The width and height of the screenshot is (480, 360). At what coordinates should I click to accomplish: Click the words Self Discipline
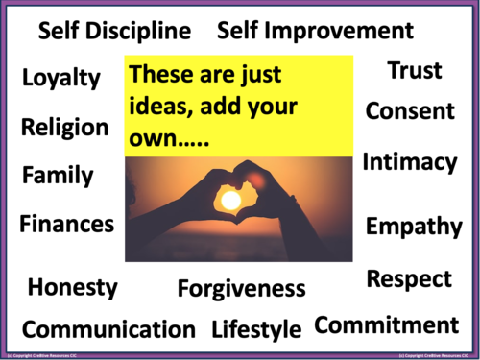114,32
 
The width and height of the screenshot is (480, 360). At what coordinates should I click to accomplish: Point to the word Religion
65,128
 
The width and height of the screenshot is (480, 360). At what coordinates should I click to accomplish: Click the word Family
59,176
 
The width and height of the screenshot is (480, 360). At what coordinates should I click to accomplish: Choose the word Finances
67,225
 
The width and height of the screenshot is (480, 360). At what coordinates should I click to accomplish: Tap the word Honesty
73,287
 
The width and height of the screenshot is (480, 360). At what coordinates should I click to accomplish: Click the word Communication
108,329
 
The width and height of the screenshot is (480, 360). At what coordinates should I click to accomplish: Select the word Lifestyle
256,329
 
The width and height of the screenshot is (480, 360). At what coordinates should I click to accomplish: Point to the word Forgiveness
241,288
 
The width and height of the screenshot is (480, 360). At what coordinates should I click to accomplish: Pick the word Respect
409,279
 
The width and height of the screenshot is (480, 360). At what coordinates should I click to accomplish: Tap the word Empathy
414,228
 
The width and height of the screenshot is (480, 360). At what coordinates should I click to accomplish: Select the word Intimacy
410,163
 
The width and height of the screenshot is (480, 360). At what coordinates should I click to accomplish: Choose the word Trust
415,71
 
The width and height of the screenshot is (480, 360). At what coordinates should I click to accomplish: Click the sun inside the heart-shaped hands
230,200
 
